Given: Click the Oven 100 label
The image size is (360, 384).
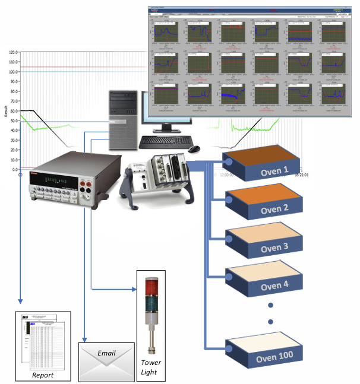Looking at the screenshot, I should click(274, 357).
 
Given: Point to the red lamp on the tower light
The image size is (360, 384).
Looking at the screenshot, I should click(149, 285).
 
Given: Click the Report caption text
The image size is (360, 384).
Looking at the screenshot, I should click(43, 375).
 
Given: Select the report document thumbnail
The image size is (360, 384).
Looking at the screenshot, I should click(42, 341).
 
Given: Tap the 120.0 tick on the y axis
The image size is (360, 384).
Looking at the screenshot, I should click(12, 52).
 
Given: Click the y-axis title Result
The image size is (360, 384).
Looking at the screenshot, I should click(5, 110).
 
